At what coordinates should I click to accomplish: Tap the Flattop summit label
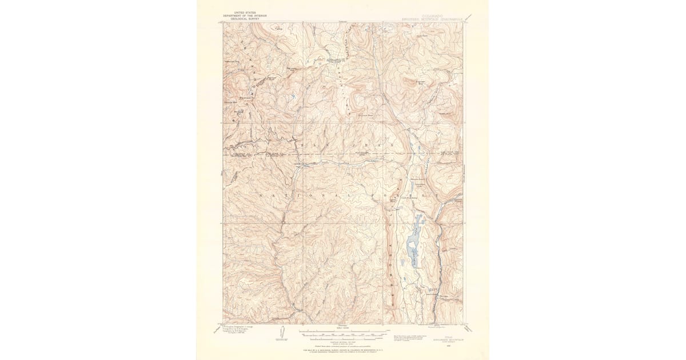[x=278, y=30]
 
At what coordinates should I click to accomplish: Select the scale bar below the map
[x=343, y=331]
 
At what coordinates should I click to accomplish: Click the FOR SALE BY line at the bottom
[x=343, y=348]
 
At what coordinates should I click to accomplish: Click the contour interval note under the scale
[x=343, y=340]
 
